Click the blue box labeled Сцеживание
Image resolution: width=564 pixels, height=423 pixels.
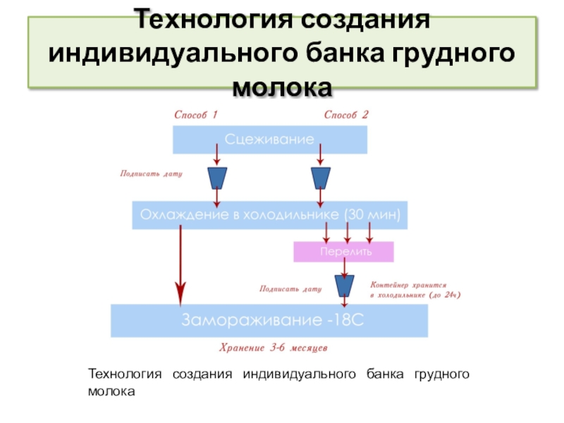270,140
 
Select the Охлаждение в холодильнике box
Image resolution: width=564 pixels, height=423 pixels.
270,215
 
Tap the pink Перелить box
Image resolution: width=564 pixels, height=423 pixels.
343,252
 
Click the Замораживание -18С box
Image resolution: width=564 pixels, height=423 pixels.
269,321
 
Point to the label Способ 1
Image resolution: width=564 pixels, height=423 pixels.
196,114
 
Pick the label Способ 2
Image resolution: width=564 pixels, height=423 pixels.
346,114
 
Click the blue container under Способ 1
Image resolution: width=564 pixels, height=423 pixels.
217,178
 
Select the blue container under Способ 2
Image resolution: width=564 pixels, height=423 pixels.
321,178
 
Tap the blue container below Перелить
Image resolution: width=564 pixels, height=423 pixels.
344,286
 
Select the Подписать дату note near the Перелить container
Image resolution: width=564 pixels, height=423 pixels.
290,288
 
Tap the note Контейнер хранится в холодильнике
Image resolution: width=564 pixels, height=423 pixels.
415,290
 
